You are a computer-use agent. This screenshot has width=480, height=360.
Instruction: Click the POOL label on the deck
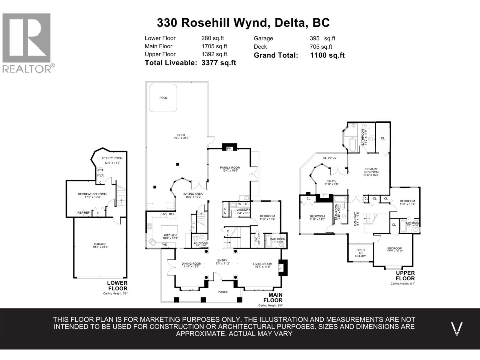(x=163, y=98)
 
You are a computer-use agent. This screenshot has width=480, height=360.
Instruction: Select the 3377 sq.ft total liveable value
(x=219, y=63)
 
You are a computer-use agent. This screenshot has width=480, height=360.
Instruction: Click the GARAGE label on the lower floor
(x=100, y=244)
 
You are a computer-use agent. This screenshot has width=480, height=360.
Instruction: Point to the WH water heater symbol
(x=100, y=170)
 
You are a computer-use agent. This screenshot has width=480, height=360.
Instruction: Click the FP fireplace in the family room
(x=229, y=148)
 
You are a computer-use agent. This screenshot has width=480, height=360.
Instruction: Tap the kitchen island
(x=169, y=230)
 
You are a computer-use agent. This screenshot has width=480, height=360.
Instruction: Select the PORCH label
(x=223, y=292)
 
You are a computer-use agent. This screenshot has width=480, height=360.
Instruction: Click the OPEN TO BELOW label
(x=361, y=253)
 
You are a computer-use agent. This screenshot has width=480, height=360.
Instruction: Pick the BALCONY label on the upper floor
(x=329, y=158)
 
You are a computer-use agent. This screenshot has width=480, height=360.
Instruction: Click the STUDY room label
(x=331, y=181)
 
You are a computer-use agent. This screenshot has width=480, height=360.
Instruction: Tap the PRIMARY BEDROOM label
(x=371, y=171)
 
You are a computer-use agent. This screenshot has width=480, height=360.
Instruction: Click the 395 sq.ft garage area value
(x=322, y=38)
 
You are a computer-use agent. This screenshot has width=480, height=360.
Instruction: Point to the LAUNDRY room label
(x=243, y=210)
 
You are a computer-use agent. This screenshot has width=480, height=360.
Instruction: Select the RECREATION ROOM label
(x=92, y=194)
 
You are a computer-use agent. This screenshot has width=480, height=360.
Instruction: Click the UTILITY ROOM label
(x=112, y=158)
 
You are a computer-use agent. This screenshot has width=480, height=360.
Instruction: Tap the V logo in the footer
(x=457, y=329)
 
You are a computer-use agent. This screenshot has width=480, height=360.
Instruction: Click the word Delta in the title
(x=288, y=23)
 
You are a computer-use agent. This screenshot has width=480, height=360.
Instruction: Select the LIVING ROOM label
(x=262, y=264)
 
